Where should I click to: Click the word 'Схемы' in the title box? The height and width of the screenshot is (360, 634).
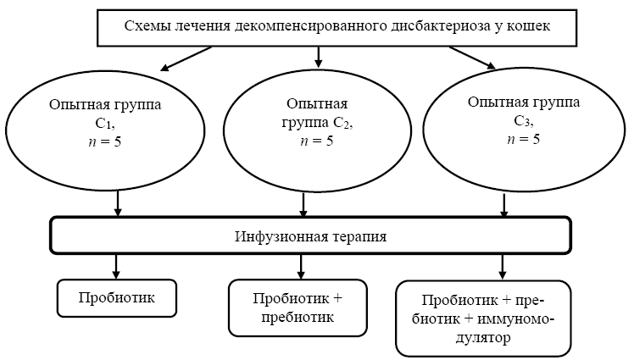146,25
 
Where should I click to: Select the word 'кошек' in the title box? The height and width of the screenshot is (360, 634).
527,25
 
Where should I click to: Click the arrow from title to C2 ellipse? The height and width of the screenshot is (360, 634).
319,57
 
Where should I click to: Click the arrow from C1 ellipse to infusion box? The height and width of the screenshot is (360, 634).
118,202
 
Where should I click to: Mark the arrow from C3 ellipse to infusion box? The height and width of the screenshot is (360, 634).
506,205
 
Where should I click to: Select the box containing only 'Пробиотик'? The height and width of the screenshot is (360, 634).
116,297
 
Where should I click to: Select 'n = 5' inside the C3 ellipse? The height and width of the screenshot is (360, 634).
523,137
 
